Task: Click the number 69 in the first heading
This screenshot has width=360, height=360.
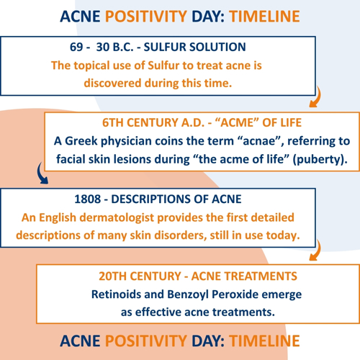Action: [x=76, y=47]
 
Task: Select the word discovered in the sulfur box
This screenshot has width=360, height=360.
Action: [x=112, y=84]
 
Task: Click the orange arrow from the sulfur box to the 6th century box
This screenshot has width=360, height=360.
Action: [x=315, y=96]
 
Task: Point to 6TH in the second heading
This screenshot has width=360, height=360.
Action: [x=113, y=122]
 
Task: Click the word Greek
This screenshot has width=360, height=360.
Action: [x=81, y=141]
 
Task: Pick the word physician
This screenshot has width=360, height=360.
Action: [x=126, y=142]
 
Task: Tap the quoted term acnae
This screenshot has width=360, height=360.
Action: [x=258, y=141]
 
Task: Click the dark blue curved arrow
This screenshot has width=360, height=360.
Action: [x=41, y=174]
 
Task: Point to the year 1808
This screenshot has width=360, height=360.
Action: [x=88, y=199]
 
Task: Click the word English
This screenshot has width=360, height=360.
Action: [x=58, y=218]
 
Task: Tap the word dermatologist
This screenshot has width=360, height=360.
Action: [x=117, y=218]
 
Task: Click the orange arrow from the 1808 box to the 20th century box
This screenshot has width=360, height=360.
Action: [x=315, y=250]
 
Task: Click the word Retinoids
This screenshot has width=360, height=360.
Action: [x=116, y=294]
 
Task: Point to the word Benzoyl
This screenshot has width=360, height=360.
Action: [x=188, y=295]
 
